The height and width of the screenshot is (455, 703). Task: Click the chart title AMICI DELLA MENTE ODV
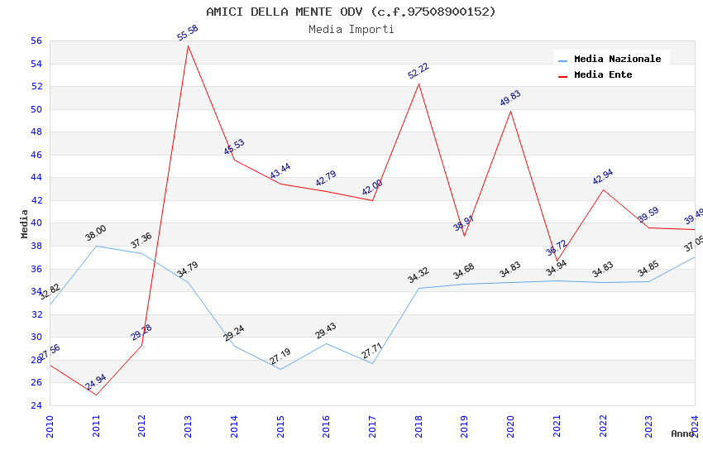pos(351,12)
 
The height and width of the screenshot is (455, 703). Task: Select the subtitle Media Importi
pos(351,30)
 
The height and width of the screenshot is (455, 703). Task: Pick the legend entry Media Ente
pos(603,74)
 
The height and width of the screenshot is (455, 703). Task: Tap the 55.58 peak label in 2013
pos(188,33)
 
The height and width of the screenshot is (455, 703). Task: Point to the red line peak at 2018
pos(418,84)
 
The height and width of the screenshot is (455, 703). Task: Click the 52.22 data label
pos(418,71)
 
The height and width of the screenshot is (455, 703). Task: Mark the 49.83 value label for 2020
pos(510,98)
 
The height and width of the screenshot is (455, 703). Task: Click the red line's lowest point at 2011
pos(96,395)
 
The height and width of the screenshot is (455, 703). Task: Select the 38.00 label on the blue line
pos(96,233)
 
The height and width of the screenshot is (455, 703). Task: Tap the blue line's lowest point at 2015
pos(280,369)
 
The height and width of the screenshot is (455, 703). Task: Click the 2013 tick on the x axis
pos(189,427)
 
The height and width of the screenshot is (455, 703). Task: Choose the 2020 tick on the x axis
pos(510,427)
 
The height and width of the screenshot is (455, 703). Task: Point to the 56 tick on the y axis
pos(36,41)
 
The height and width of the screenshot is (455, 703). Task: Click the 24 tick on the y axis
pos(36,405)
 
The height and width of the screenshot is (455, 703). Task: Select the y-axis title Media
pos(25,223)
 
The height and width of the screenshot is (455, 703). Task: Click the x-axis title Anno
pos(682,433)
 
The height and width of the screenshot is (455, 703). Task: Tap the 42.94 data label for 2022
pos(603,177)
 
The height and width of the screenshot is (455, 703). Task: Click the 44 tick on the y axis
pos(36,177)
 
